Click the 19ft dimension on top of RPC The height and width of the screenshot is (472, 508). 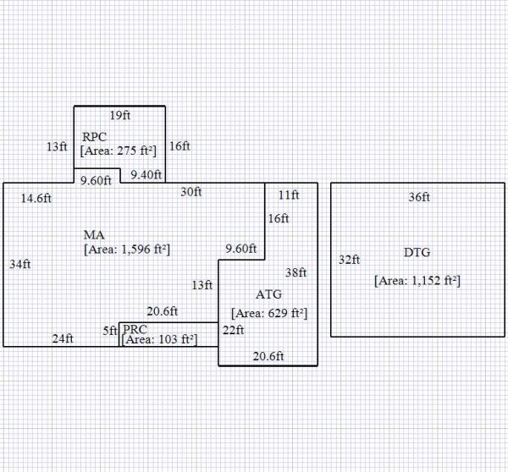tap(119, 115)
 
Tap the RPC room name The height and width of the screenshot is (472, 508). tap(95, 137)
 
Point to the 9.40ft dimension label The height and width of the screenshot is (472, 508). tap(146, 175)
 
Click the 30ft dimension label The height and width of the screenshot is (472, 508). tap(191, 192)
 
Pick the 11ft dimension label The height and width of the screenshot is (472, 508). tap(289, 195)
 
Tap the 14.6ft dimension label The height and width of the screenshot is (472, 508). tap(37, 199)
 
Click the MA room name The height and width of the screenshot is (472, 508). tap(94, 234)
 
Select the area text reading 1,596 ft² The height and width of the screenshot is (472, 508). tap(127, 250)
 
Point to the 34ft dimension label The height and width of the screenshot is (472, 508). tap(20, 264)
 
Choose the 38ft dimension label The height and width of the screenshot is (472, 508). tap(295, 273)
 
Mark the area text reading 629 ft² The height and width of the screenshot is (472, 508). tap(268, 314)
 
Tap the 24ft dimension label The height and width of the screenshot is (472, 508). tap(63, 339)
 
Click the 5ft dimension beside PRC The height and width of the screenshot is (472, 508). tap(110, 331)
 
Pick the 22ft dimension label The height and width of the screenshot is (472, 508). tap(233, 330)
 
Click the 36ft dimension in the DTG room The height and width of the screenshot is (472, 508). tap(419, 198)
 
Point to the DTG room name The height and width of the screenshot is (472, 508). tap(417, 253)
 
